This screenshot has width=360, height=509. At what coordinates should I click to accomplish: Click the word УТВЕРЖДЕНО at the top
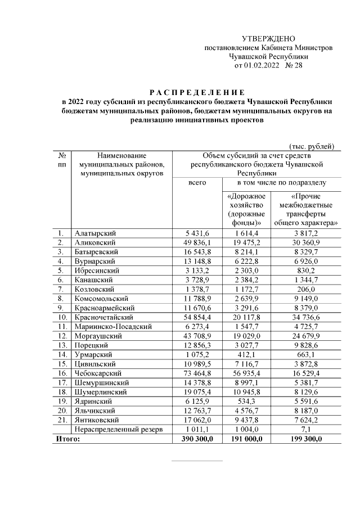pos(268,39)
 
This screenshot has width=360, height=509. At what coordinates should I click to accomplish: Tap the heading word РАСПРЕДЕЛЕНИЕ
pos(197,92)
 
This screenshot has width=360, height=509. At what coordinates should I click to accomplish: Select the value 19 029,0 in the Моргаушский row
pos(246,335)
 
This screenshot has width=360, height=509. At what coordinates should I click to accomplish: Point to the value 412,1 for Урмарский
pos(246,354)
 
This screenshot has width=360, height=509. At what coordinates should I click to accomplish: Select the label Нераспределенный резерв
pos(119,429)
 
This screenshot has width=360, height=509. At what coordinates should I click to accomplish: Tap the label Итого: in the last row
pos(67,438)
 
